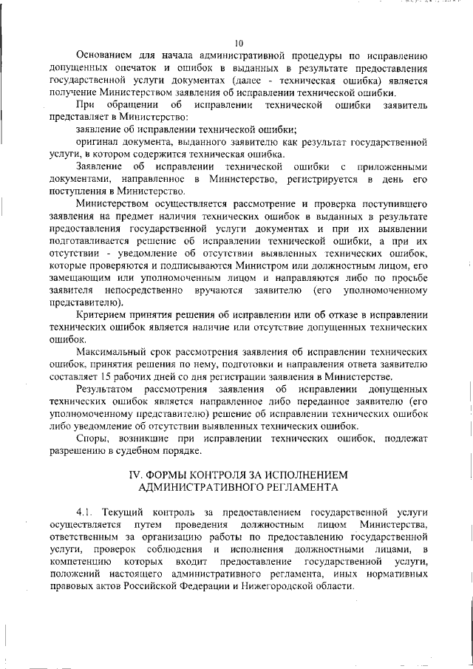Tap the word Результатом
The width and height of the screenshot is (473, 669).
[105, 390]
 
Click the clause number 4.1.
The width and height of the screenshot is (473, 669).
[85, 513]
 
